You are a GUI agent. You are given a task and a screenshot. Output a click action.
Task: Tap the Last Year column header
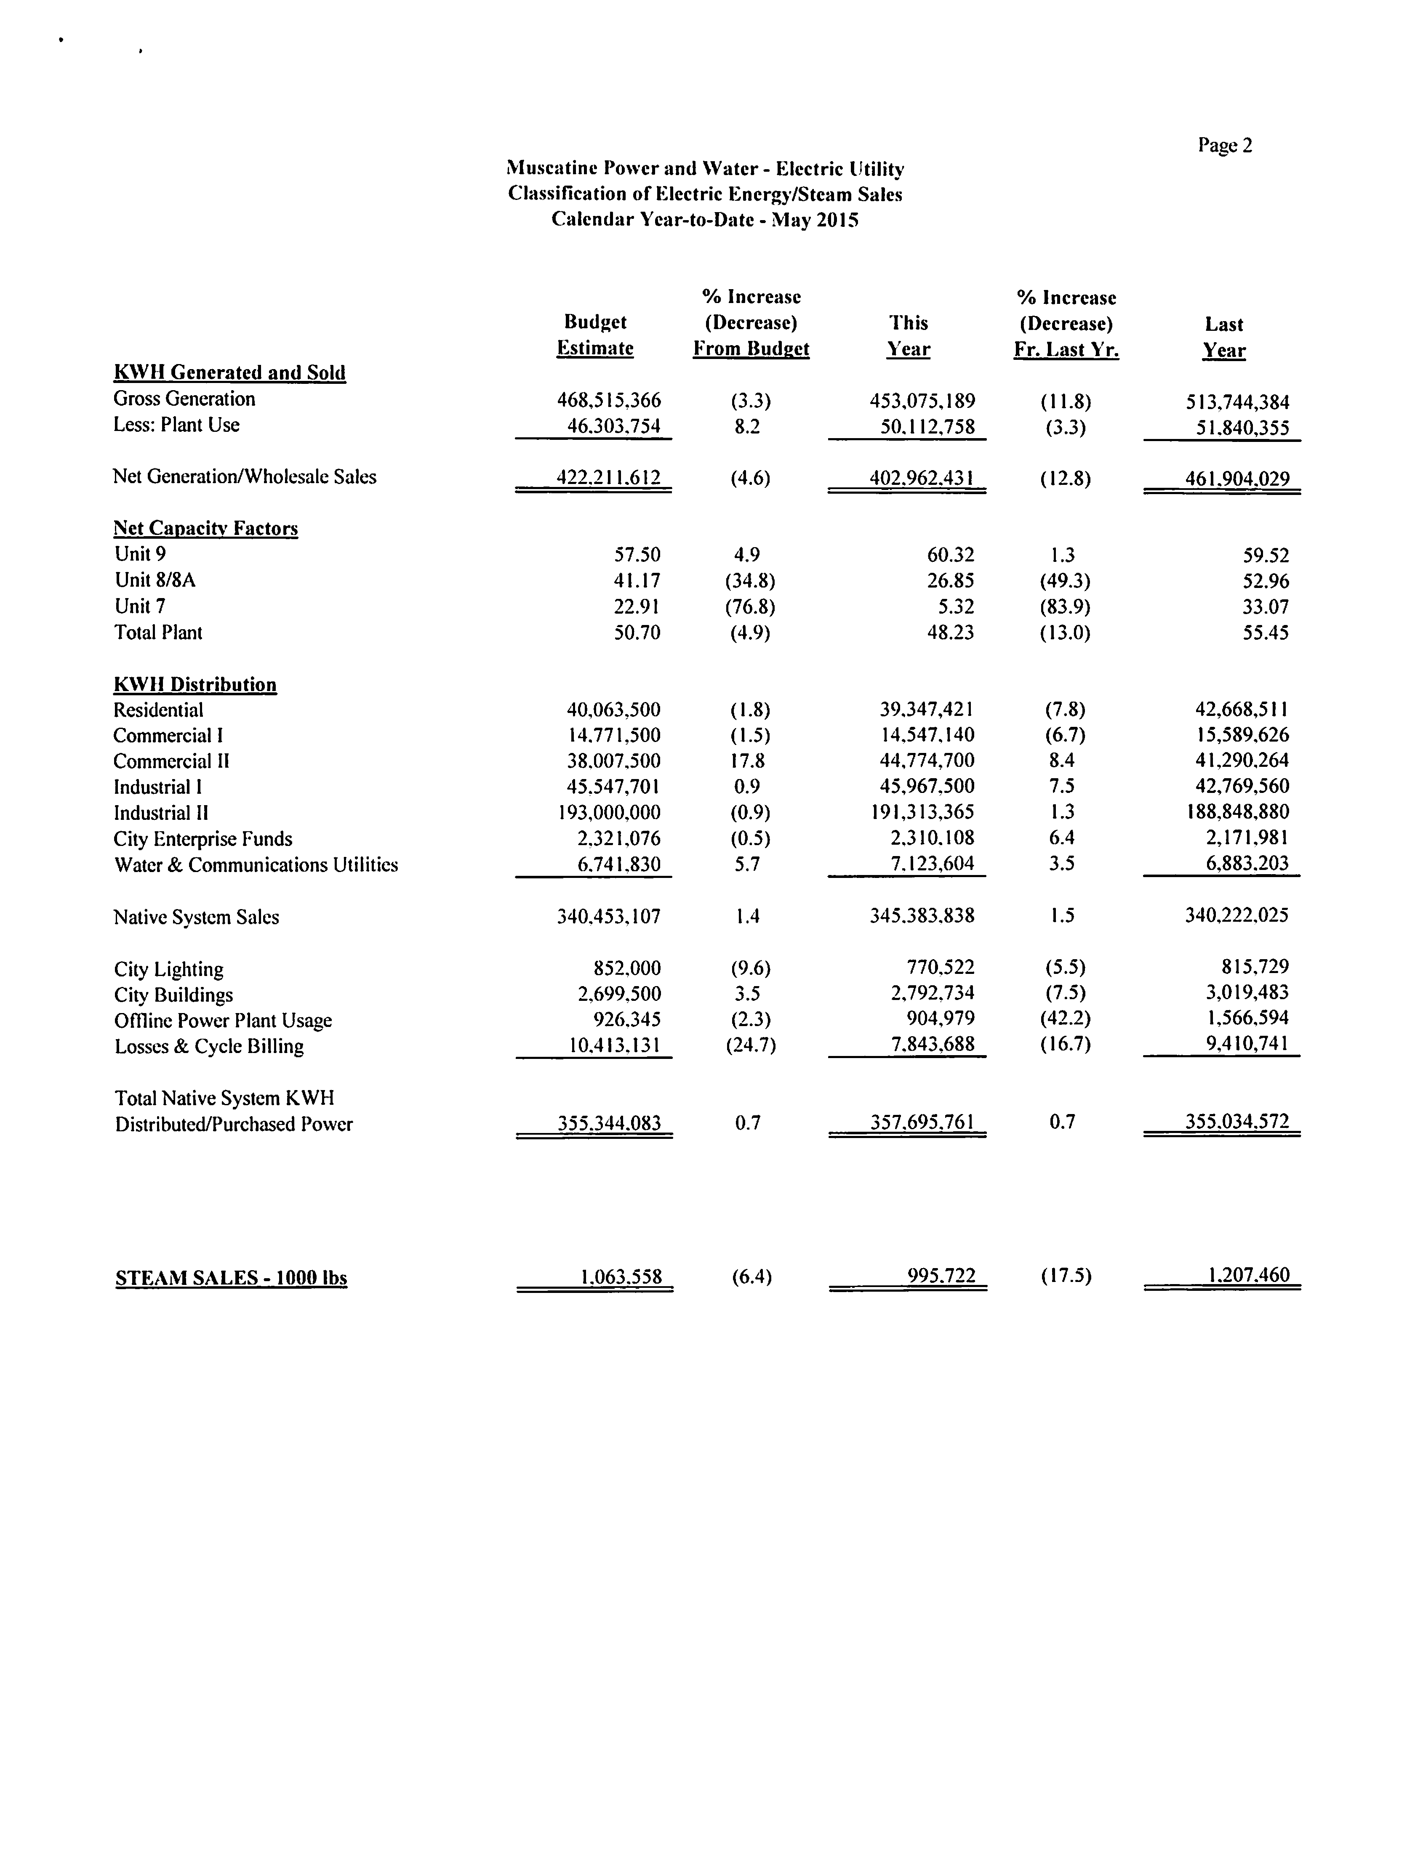[1224, 337]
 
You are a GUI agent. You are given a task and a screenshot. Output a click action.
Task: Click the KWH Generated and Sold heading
[229, 372]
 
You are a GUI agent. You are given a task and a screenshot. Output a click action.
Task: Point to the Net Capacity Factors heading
[206, 528]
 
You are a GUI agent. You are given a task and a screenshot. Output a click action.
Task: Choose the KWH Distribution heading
[195, 684]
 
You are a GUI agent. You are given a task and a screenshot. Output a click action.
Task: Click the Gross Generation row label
[184, 399]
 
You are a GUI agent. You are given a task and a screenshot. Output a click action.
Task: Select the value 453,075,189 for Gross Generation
[922, 401]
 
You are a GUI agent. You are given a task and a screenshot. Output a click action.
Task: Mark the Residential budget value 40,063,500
[613, 710]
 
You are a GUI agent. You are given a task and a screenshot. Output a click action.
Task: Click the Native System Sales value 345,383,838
[922, 915]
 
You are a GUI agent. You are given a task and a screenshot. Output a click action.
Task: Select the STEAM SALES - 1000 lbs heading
[231, 1278]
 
